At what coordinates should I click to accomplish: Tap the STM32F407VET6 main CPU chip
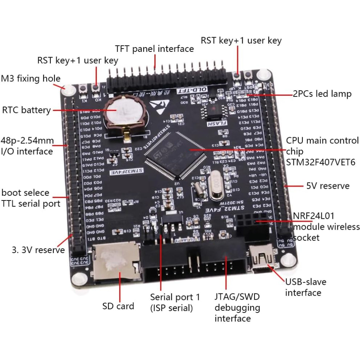pyautogui.click(x=175, y=155)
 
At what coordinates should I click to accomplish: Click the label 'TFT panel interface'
pyautogui.click(x=154, y=49)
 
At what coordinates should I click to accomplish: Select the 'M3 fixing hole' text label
pyautogui.click(x=31, y=78)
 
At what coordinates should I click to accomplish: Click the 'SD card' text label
pyautogui.click(x=118, y=306)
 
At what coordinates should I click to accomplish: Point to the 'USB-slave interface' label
pyautogui.click(x=303, y=287)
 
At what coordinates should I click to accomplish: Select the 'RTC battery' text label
pyautogui.click(x=26, y=110)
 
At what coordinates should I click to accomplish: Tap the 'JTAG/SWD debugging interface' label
pyautogui.click(x=237, y=307)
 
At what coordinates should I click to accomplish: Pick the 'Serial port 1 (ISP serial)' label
pyautogui.click(x=175, y=302)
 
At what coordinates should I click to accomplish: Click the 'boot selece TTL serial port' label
pyautogui.click(x=31, y=198)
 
